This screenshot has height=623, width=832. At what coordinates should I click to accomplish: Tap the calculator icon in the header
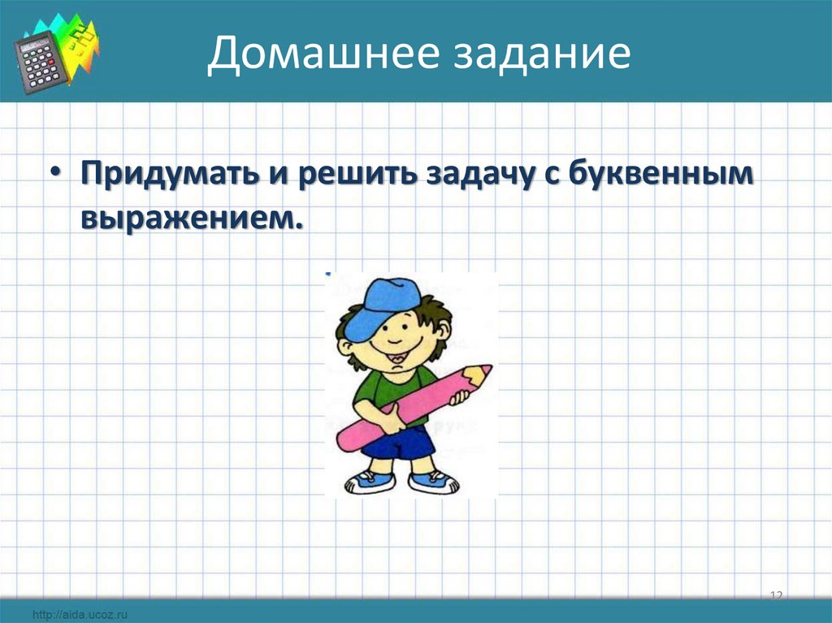(x=41, y=62)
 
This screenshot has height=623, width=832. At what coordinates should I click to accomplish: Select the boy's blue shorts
(x=398, y=443)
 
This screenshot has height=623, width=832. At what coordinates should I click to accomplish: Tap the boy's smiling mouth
(x=398, y=348)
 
